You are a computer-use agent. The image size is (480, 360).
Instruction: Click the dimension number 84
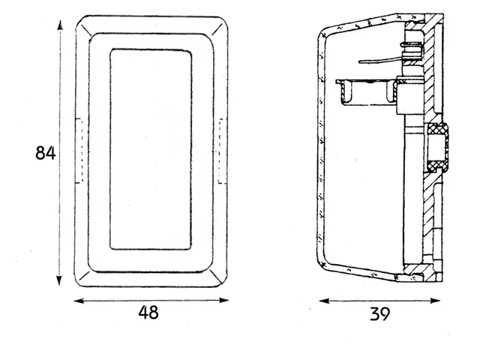point(46,153)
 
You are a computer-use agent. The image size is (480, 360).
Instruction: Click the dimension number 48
point(148,313)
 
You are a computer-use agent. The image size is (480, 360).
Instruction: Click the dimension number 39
point(380,313)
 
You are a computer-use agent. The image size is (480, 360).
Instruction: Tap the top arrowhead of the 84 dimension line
point(60,25)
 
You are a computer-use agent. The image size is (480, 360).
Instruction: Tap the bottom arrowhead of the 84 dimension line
point(59,280)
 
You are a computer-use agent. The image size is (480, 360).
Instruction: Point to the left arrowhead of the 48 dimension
point(79,301)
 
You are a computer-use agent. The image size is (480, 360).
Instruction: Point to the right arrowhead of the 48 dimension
point(224,300)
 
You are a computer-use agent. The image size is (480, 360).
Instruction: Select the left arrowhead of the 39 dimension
point(324,301)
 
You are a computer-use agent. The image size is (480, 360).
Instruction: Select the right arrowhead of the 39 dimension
point(435,301)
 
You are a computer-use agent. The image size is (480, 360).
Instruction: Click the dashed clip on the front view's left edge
point(79,151)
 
